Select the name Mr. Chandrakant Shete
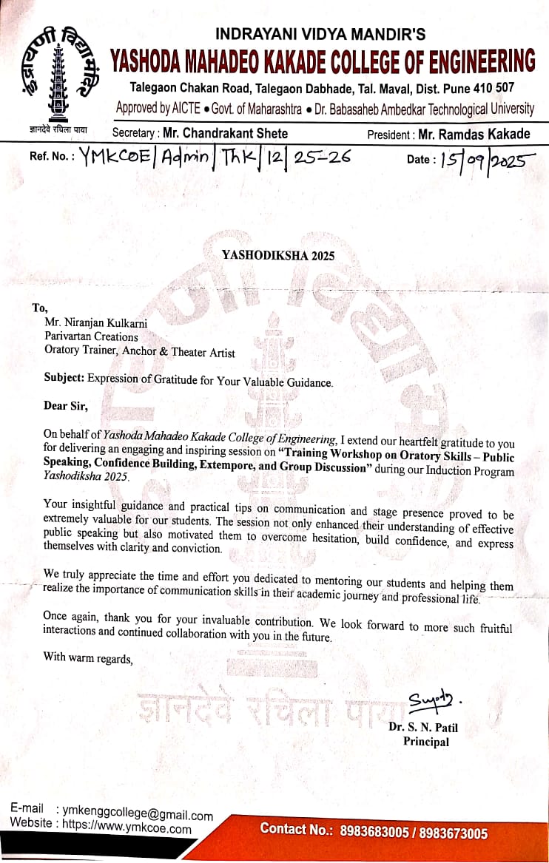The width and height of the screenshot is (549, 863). tap(225, 134)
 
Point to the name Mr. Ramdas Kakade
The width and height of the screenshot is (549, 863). tap(474, 135)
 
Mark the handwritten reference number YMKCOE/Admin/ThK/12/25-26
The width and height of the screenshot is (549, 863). tap(214, 157)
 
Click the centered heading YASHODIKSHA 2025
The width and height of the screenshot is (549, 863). tap(278, 256)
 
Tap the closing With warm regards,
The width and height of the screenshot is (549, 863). tap(88, 657)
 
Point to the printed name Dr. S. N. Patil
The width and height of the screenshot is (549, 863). tap(423, 728)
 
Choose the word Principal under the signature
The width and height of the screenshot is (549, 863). tap(425, 742)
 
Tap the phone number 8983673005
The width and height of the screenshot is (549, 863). tap(454, 833)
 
